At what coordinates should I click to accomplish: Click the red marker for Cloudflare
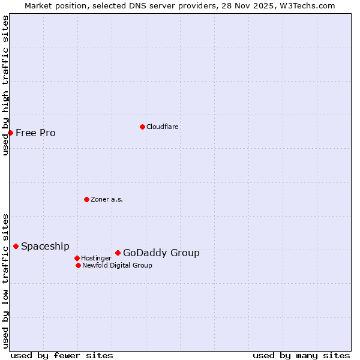142,127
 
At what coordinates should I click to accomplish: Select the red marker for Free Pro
10,133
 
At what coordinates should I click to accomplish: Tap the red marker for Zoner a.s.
86,199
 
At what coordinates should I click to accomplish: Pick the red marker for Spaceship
16,246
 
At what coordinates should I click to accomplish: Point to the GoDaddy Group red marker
118,253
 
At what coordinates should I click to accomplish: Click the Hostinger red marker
77,258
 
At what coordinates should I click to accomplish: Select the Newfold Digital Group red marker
78,265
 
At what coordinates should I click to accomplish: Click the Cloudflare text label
162,127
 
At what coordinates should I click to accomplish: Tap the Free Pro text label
35,133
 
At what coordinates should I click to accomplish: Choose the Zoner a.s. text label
107,199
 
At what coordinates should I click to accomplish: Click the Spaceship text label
45,246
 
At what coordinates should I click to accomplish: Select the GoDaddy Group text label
161,253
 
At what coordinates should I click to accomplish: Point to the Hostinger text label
96,258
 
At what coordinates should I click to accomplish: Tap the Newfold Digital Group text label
117,265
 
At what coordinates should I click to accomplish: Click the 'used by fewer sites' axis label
62,355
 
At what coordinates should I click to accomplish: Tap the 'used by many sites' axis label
301,355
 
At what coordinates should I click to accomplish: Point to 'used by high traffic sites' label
5,85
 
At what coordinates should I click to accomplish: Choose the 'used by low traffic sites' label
5,281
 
